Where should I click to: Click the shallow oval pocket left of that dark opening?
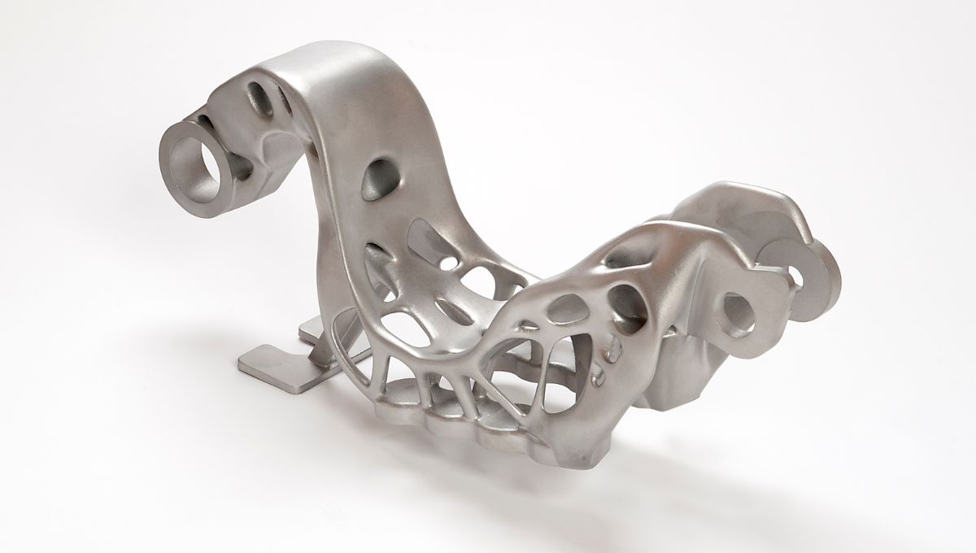[x=562, y=309]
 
